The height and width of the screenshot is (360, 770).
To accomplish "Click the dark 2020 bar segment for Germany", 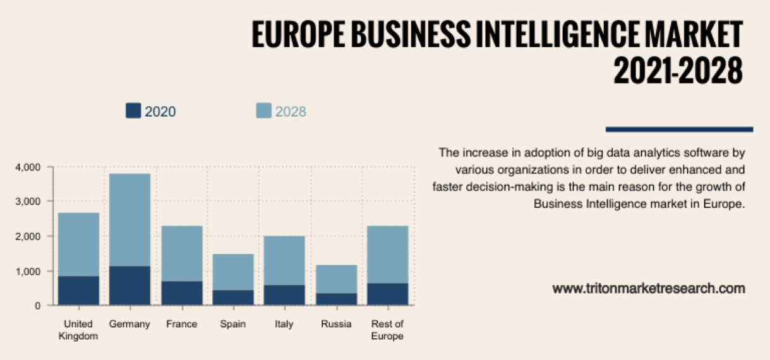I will tap(129, 285).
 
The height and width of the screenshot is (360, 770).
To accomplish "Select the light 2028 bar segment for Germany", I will tap(129, 219).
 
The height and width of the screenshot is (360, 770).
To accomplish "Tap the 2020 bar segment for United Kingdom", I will tap(78, 291).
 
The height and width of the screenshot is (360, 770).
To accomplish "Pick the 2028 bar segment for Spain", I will tap(232, 272).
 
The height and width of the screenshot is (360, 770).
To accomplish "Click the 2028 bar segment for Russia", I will tap(336, 279).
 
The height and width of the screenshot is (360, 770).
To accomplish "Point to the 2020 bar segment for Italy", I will tap(284, 295).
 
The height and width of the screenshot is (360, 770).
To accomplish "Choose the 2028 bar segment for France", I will tap(181, 253).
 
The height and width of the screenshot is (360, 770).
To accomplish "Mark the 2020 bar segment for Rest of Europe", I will tap(387, 294).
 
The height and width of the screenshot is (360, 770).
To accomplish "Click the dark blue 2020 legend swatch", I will tap(133, 111).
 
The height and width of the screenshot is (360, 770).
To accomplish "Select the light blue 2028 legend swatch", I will tap(263, 111).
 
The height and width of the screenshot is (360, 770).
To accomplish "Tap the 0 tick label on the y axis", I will tap(37, 306).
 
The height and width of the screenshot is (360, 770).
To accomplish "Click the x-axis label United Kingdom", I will tap(78, 330).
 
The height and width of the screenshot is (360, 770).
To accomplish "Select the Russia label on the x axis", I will tap(336, 324).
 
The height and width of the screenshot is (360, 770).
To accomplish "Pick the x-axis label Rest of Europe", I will tap(387, 330).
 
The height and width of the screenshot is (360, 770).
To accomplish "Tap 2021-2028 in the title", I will tap(677, 69).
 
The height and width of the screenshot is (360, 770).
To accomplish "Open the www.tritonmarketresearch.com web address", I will tap(649, 289).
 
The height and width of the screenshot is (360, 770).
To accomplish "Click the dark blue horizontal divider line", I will tap(679, 129).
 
